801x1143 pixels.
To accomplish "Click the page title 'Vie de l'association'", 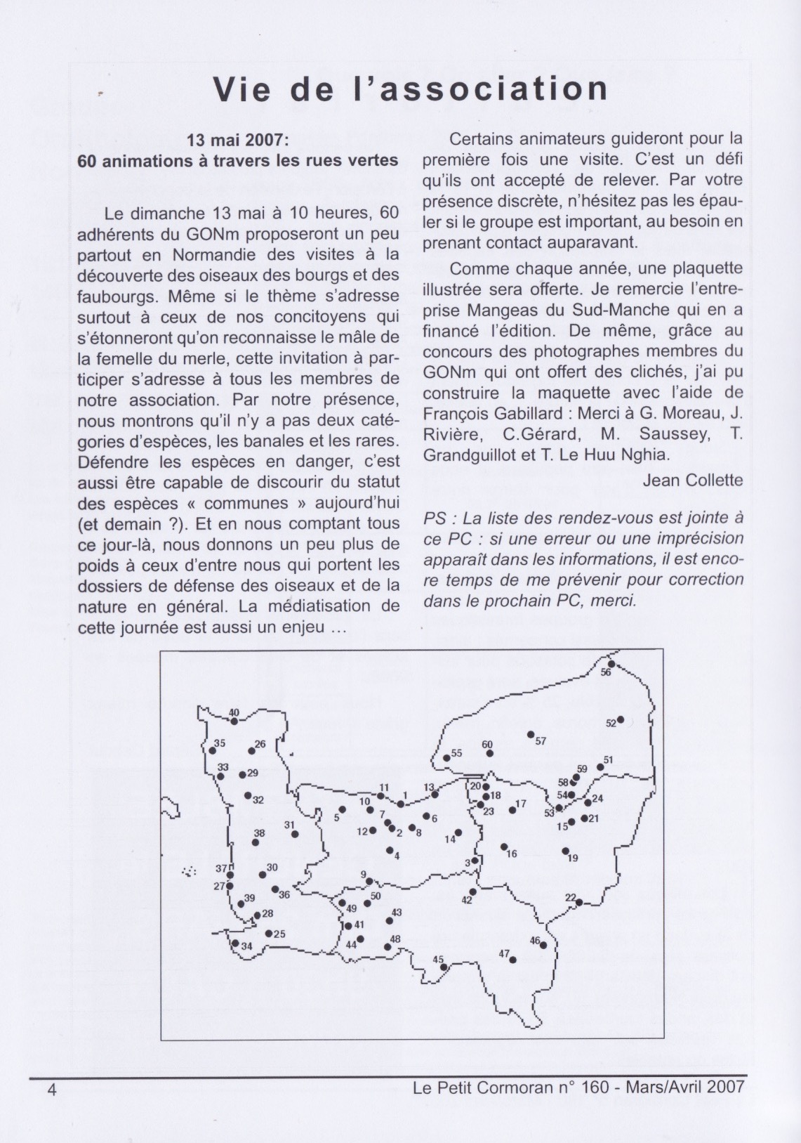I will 410,89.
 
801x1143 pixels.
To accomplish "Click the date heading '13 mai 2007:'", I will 238,140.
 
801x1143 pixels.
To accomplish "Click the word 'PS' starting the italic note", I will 434,518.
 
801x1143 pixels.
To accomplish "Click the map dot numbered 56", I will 611,664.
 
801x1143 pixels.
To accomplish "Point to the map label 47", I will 504,953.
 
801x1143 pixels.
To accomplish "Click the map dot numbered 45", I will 444,967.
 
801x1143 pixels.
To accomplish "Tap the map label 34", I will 246,946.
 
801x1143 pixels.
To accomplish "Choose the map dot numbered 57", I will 531,735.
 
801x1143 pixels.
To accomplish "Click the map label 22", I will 570,896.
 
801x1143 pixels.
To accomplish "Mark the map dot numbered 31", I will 295,835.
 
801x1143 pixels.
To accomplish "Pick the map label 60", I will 487,745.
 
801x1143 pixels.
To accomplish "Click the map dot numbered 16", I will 503,847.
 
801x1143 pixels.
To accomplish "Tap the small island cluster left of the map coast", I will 188,872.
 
